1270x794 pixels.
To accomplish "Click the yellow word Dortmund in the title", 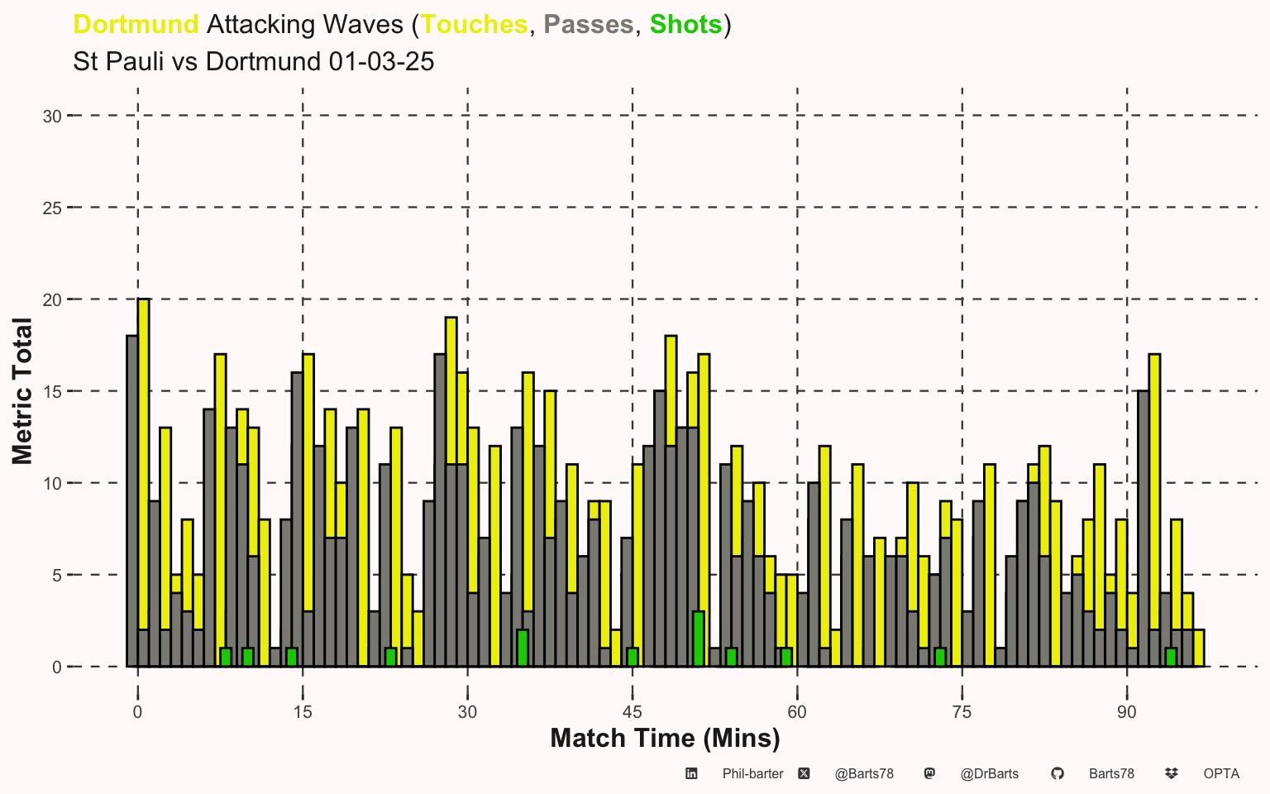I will (x=136, y=25).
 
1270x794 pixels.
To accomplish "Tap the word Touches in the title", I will (x=474, y=25).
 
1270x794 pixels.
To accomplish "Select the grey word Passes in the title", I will (x=588, y=25).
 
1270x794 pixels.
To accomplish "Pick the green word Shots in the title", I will (x=685, y=25).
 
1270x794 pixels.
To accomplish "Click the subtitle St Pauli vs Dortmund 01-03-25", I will (x=253, y=62).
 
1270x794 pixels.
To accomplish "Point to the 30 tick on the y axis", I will (x=52, y=117).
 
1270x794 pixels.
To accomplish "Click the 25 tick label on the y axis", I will (x=52, y=208).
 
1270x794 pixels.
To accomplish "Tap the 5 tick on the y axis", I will (x=56, y=576).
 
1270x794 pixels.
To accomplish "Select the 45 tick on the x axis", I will (x=633, y=712).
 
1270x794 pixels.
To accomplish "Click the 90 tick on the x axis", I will (x=1127, y=712).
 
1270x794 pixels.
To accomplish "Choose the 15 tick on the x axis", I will (x=303, y=712).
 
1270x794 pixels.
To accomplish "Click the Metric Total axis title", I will (x=22, y=391).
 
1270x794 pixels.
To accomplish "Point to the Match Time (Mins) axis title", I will (x=665, y=738).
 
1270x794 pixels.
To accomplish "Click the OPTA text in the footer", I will (x=1221, y=774).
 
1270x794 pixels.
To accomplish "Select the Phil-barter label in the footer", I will (x=752, y=774).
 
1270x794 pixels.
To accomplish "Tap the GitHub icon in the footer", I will (x=1057, y=773).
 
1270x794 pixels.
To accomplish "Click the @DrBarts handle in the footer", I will (x=989, y=774).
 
